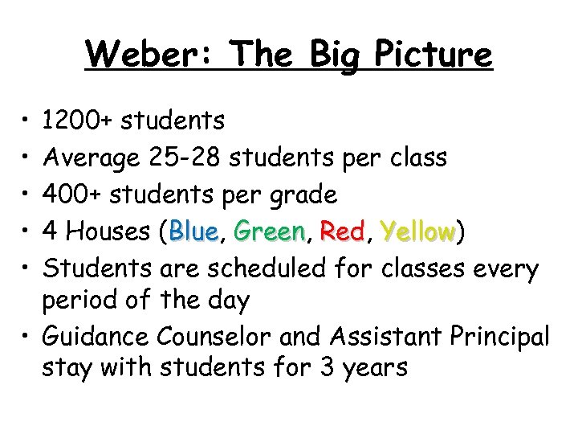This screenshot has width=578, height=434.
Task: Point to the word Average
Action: [92, 158]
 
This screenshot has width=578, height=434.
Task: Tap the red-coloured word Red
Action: [342, 231]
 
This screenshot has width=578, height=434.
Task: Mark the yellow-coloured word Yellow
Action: [418, 231]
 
